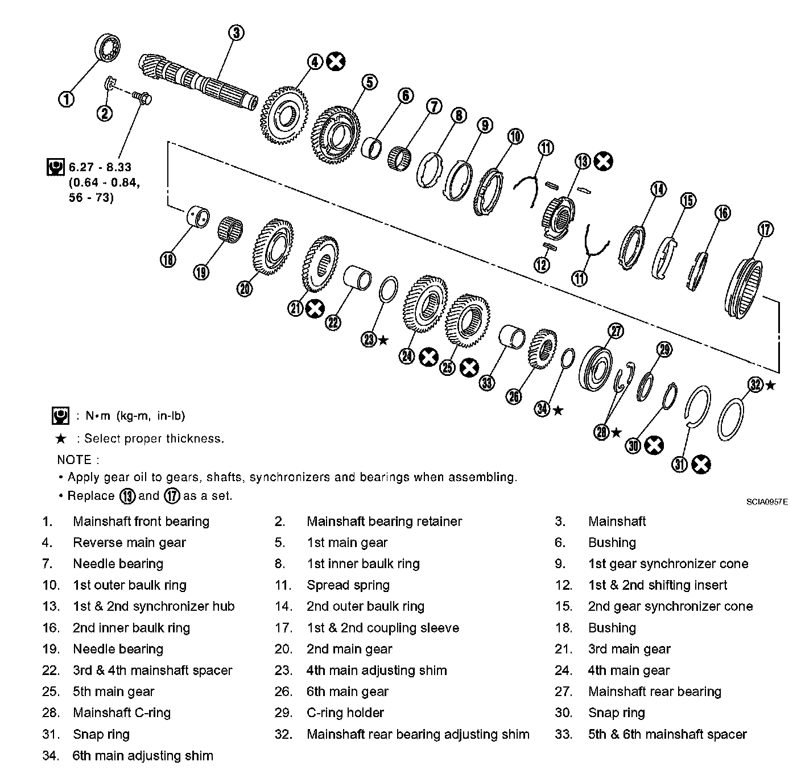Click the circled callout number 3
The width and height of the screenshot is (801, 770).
tap(237, 33)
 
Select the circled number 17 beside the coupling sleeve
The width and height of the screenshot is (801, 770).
tap(766, 229)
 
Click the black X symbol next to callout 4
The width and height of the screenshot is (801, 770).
tap(336, 61)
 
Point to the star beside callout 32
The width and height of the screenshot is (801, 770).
tap(770, 385)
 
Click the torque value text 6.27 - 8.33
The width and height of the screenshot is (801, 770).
tap(100, 167)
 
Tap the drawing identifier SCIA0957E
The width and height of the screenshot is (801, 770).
tap(767, 502)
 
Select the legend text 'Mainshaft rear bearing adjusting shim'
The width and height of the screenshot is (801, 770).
tap(418, 734)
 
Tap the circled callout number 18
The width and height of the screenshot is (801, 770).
tap(168, 260)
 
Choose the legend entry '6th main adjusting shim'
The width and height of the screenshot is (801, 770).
tap(143, 756)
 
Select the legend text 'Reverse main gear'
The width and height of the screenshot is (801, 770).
tap(129, 543)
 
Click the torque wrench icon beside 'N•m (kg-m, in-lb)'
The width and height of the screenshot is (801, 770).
tap(60, 416)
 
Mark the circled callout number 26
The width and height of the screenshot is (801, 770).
tap(514, 396)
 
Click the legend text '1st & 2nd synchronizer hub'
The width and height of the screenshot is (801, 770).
tap(154, 606)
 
